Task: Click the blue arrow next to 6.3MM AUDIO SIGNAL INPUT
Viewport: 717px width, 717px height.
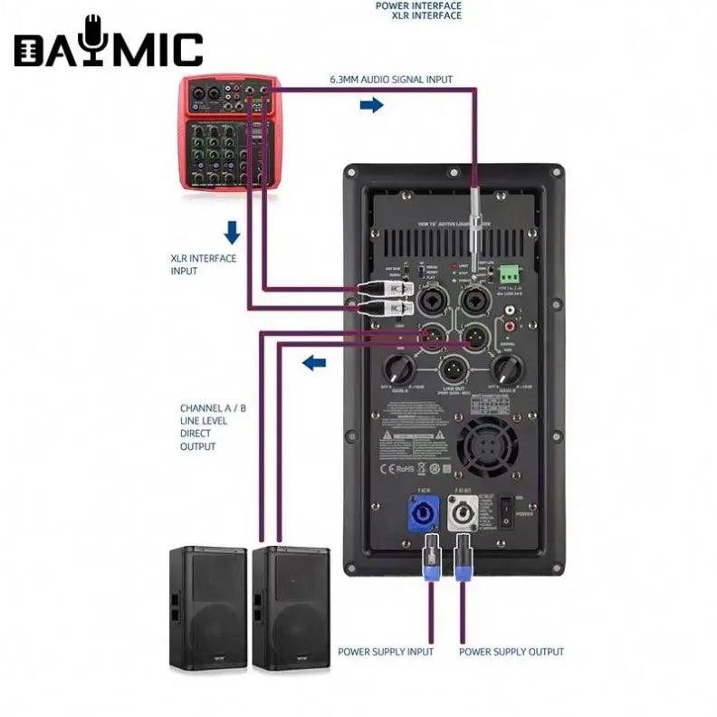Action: pos(371,106)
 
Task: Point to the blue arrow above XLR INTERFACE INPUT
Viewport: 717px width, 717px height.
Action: pos(232,234)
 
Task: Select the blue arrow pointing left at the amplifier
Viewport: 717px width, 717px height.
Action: pos(313,364)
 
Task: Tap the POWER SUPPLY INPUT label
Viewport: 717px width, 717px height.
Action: pos(386,652)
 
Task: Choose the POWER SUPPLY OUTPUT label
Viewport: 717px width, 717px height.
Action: pos(511,652)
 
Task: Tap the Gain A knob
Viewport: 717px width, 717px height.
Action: pos(398,368)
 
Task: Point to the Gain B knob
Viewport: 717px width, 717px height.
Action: pos(506,368)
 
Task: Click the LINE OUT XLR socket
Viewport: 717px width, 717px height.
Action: pos(453,372)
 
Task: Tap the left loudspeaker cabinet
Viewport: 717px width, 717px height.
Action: pos(207,607)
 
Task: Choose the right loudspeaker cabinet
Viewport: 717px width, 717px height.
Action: pos(291,607)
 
